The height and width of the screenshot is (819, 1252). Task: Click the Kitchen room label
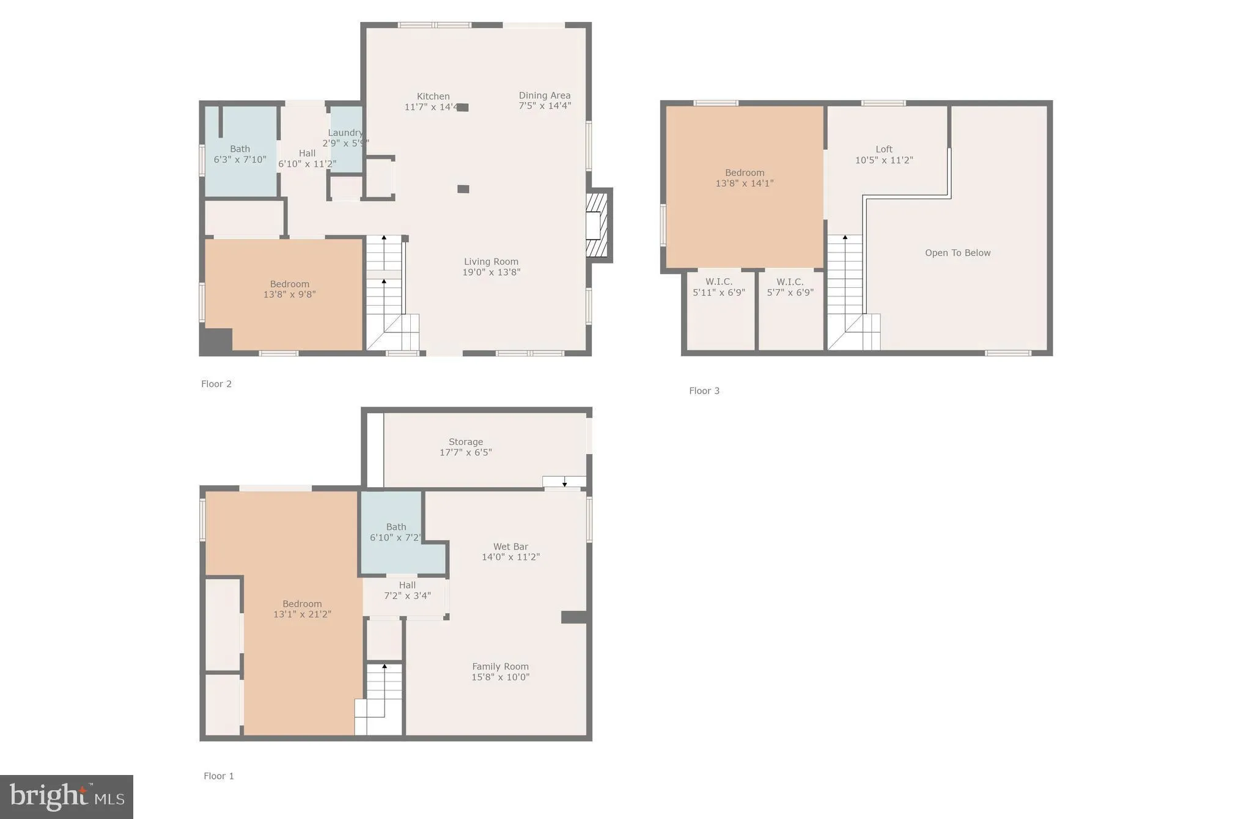(433, 97)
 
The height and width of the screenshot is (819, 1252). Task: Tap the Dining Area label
(544, 95)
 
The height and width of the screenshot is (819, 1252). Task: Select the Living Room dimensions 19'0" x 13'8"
(491, 273)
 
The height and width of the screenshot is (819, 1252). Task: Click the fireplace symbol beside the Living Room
(597, 225)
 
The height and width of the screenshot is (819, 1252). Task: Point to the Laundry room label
(345, 133)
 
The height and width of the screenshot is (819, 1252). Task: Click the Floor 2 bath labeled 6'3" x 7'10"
(240, 154)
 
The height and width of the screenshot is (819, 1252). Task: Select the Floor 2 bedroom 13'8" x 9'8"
(289, 289)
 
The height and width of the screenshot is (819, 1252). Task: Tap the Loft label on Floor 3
(883, 149)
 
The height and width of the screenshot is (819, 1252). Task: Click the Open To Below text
(957, 253)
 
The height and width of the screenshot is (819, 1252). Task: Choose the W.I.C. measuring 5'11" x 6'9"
(718, 287)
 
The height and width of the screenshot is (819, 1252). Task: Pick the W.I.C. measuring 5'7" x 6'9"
(790, 287)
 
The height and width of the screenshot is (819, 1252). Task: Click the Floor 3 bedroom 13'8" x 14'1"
(744, 178)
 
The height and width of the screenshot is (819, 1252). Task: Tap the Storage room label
(465, 442)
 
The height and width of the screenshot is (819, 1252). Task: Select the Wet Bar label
(510, 547)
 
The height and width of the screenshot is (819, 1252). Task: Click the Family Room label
(500, 667)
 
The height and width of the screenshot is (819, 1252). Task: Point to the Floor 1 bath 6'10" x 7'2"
(396, 532)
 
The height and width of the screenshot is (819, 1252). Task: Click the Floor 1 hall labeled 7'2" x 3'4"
(407, 590)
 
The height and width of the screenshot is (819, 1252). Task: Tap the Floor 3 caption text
(704, 391)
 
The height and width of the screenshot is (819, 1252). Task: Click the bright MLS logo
(66, 796)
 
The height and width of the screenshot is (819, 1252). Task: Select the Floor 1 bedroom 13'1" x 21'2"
(302, 609)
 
